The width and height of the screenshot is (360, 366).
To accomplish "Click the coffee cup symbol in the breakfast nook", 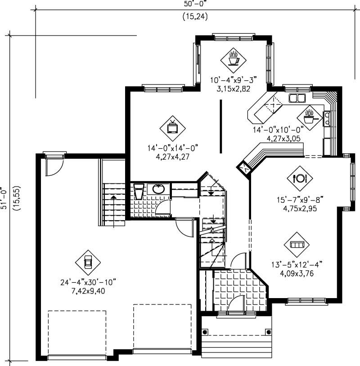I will [233, 58].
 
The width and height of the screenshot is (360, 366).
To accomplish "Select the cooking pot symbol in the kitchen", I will [309, 116].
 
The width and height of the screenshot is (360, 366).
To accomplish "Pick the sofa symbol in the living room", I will [297, 244].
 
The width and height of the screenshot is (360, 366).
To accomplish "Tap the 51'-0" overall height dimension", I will [5, 198].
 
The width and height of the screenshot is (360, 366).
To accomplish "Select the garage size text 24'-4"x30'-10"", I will [88, 282].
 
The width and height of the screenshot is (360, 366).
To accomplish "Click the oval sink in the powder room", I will [158, 189].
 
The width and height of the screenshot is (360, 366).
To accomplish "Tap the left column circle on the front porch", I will [205, 332].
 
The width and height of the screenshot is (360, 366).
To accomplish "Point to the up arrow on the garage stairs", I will [112, 197].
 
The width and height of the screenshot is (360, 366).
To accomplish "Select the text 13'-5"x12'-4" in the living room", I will [297, 264].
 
